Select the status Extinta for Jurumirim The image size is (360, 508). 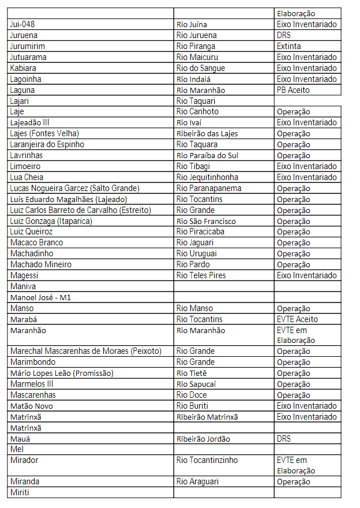pos(288,46)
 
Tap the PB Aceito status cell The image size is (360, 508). pos(293,90)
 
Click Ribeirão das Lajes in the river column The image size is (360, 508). pos(207,133)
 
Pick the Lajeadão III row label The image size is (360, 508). pos(30,122)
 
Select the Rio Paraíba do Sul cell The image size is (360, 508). pos(207,155)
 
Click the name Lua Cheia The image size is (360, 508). pos(27,177)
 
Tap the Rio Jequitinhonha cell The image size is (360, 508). pos(207,177)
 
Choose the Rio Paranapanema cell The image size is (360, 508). pos(209,188)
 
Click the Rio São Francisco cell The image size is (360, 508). pos(206,221)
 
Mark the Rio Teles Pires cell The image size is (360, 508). pos(201,275)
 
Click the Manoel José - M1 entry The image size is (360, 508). pos(40,297)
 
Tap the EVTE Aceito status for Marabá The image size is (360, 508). pos(297,319)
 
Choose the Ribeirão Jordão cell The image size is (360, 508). pos(203,439)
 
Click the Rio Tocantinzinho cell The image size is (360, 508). pos(207,461)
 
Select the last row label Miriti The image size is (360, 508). pos(20,492)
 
